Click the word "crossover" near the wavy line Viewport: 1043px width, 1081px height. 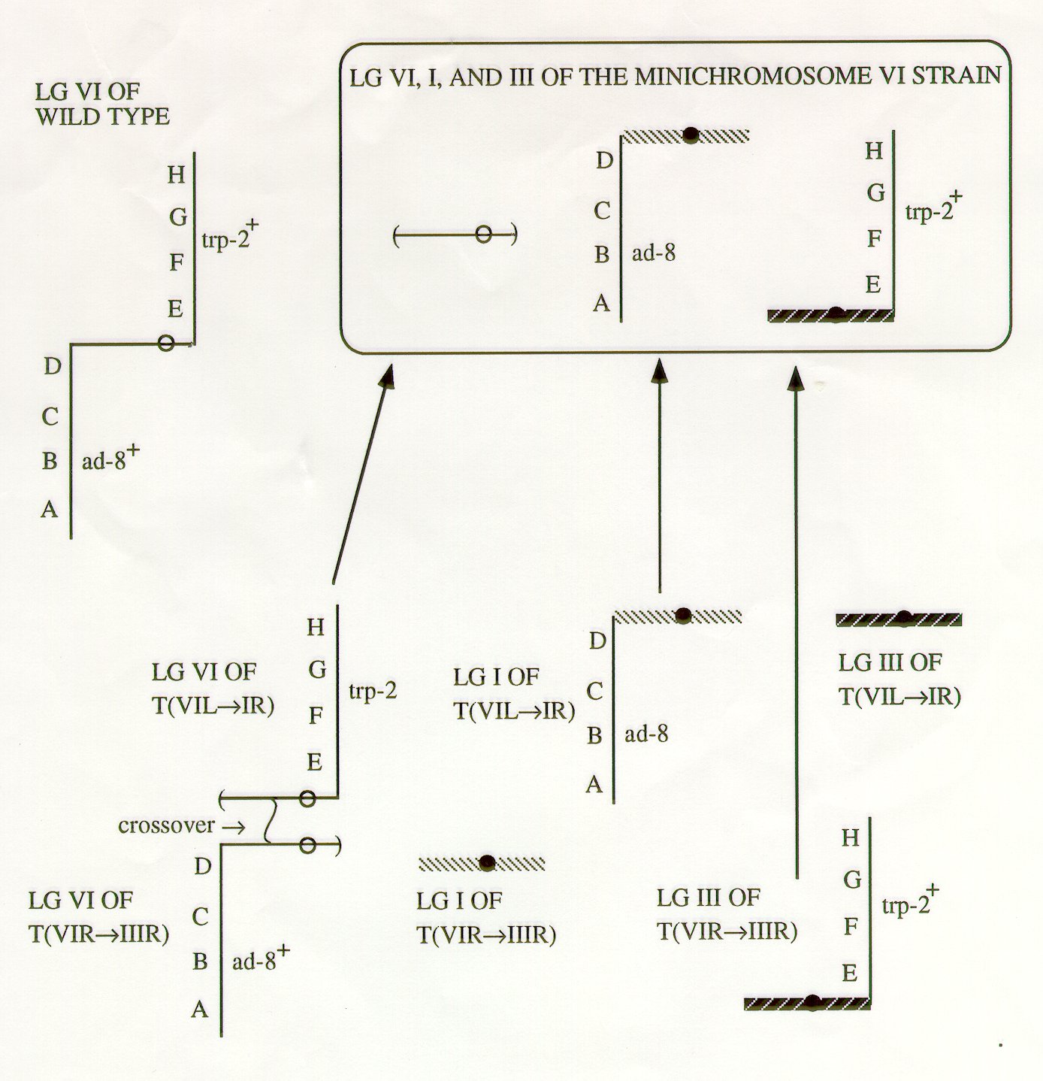pyautogui.click(x=166, y=825)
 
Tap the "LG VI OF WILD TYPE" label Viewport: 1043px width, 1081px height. pyautogui.click(x=101, y=104)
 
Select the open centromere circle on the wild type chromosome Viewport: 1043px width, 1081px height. pyautogui.click(x=168, y=344)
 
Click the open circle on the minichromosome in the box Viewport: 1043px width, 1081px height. pyautogui.click(x=485, y=235)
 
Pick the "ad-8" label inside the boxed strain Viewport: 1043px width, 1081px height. pyautogui.click(x=654, y=253)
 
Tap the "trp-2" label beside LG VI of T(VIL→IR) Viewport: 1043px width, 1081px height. pyautogui.click(x=372, y=691)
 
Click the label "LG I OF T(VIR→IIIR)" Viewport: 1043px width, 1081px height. pyautogui.click(x=485, y=917)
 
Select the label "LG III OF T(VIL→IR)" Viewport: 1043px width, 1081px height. pyautogui.click(x=899, y=680)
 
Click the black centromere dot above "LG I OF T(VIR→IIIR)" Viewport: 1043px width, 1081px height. pyautogui.click(x=487, y=862)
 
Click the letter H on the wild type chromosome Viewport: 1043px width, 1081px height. pyautogui.click(x=176, y=175)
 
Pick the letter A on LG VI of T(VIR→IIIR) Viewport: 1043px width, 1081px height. pyautogui.click(x=199, y=1009)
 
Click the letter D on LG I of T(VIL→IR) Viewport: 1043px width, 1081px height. pyautogui.click(x=597, y=641)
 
